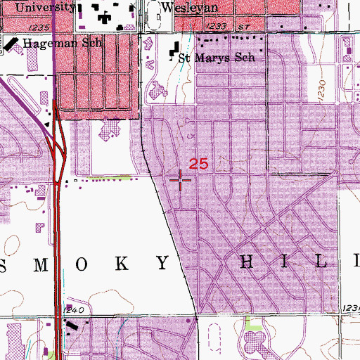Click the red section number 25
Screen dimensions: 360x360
198,164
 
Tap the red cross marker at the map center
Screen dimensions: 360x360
181,180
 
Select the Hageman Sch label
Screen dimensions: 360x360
63,43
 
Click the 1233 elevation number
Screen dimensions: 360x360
219,25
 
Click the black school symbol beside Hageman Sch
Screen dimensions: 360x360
12,43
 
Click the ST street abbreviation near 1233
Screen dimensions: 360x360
243,25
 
